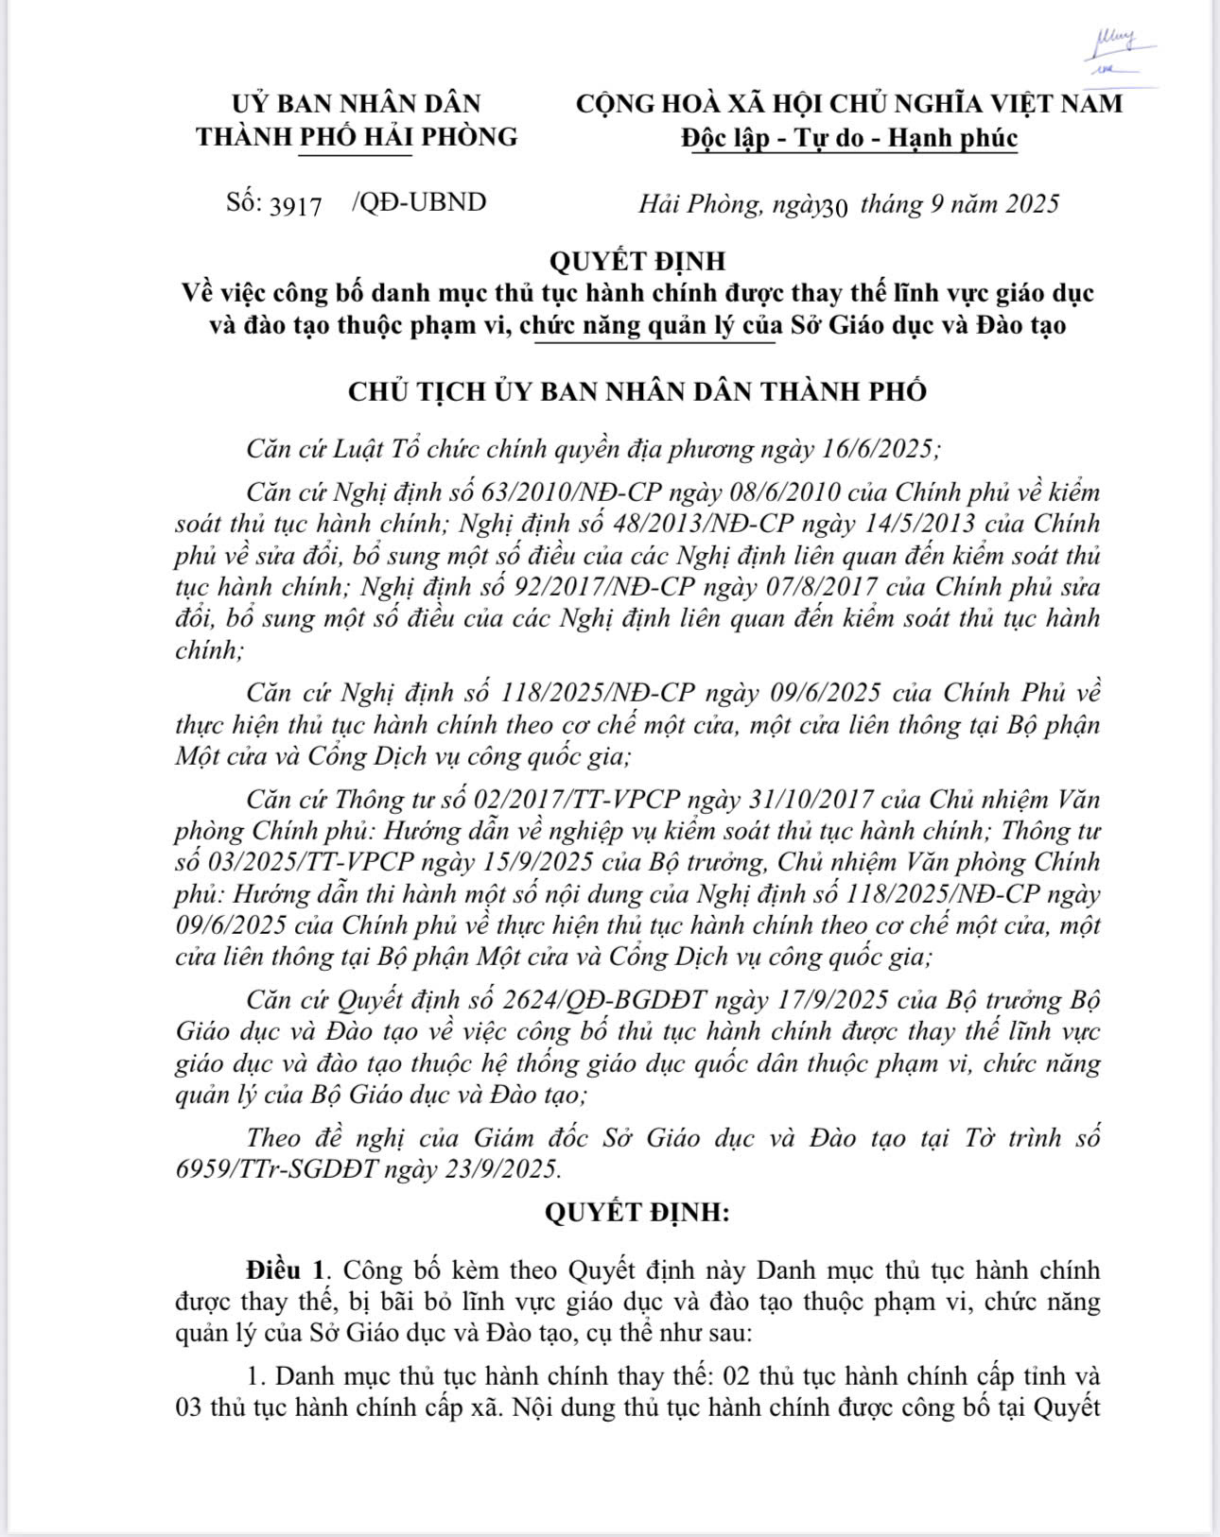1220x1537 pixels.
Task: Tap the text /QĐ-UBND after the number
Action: click(418, 202)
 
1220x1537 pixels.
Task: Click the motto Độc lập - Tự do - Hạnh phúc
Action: click(848, 138)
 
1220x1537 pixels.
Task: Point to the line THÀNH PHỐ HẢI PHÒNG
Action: click(357, 136)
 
